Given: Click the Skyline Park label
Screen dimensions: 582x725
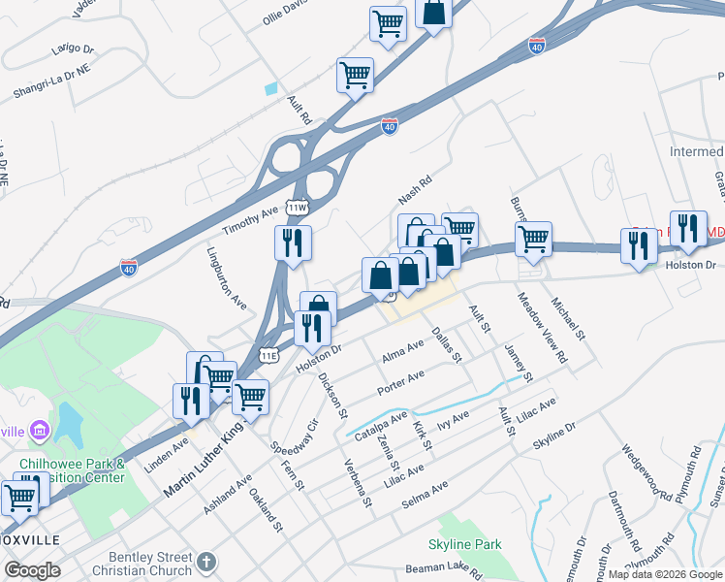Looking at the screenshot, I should [465, 544].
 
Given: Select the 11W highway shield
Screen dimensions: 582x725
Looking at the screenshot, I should [297, 207].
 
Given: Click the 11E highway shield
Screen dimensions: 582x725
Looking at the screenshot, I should [269, 356].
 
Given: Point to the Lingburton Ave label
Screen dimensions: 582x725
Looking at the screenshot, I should [227, 277].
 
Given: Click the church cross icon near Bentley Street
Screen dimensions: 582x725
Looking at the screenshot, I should [205, 561].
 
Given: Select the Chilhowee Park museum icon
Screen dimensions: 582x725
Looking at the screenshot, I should [39, 429].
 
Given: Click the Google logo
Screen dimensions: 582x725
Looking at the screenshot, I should [32, 570].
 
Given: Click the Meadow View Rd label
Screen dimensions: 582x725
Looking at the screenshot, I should [542, 329].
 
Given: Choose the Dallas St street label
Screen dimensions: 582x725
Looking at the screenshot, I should [447, 345].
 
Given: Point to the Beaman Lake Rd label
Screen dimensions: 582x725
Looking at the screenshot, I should [444, 570].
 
